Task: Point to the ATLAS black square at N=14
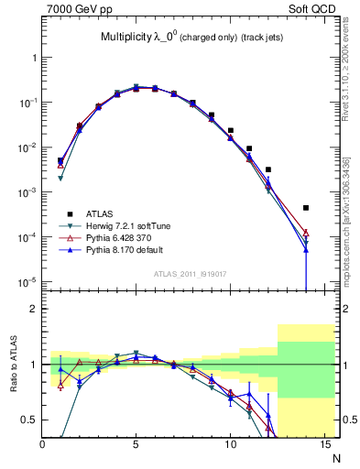[x=306, y=208]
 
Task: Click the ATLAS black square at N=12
[x=268, y=169]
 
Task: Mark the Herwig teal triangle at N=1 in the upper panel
[x=60, y=178]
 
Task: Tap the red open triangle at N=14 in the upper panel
[x=306, y=232]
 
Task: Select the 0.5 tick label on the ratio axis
[x=30, y=420]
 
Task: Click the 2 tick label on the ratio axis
[x=35, y=309]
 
